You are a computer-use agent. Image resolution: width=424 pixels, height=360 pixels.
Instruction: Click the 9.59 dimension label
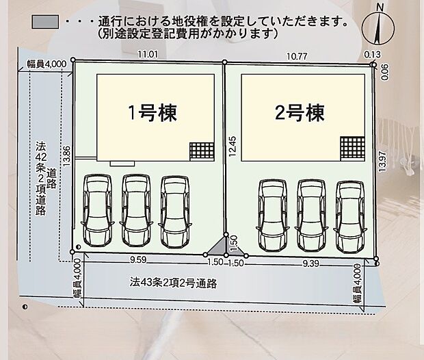click(x=139, y=261)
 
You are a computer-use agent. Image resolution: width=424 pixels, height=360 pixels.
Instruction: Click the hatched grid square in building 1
click(x=201, y=151)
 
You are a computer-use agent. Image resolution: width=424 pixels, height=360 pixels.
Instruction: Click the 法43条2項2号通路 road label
click(x=173, y=282)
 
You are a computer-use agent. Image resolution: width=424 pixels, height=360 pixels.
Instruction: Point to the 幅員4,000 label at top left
click(x=42, y=64)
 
